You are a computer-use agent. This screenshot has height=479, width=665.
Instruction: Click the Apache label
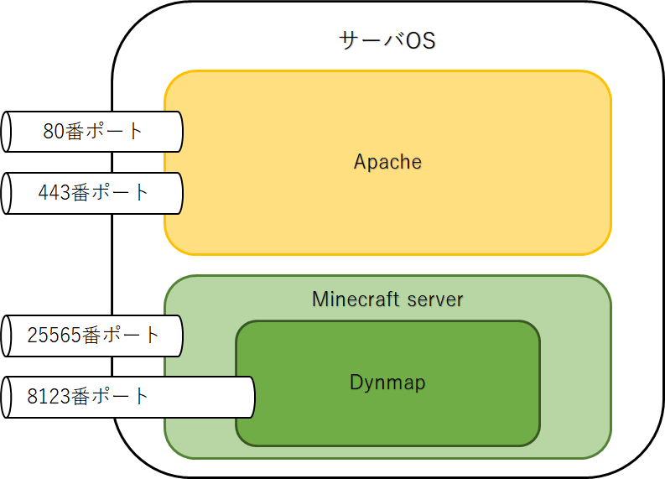[x=387, y=162]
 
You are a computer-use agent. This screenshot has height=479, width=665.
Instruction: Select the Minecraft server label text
[x=387, y=299]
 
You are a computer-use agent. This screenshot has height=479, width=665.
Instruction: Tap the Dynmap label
[x=387, y=383]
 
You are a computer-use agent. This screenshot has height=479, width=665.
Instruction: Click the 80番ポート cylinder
[x=92, y=132]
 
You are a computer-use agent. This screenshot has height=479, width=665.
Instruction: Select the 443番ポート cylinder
[x=92, y=193]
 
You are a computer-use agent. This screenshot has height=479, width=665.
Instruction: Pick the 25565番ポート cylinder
[x=92, y=336]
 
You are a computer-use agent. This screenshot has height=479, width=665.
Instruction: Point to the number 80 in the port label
[x=52, y=132]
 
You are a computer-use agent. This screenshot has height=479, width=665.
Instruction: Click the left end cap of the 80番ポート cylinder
[x=7, y=132]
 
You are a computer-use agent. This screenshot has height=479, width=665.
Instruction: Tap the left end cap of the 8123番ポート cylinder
[x=7, y=397]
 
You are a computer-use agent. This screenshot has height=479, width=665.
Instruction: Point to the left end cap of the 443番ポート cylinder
[x=7, y=193]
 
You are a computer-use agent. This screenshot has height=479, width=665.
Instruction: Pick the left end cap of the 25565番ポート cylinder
[x=7, y=336]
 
